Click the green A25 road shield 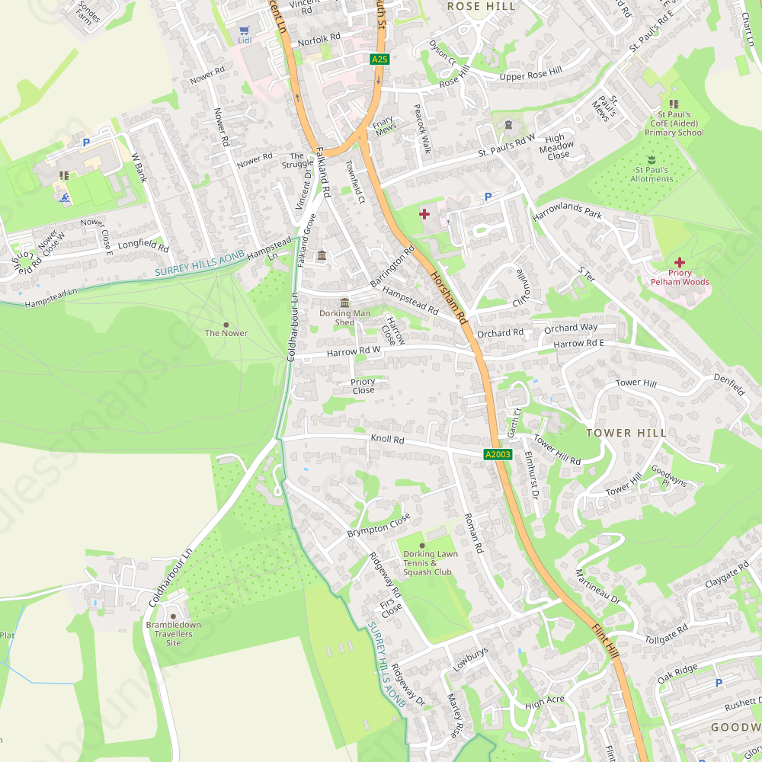tap(379, 59)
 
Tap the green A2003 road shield tap(498, 454)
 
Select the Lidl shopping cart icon tap(244, 30)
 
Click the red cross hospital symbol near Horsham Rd tap(424, 214)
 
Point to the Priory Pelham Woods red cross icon tap(679, 262)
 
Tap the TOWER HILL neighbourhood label tap(626, 433)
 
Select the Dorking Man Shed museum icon tap(344, 303)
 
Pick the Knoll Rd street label tap(387, 440)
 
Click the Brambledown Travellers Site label tap(174, 634)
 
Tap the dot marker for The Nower tap(226, 325)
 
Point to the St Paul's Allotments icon tap(652, 160)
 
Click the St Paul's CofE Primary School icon tap(673, 104)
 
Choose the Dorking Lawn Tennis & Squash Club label tap(431, 563)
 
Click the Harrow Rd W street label tap(353, 352)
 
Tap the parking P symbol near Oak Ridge tap(718, 683)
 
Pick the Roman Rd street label tap(473, 533)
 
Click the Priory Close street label tap(363, 386)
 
